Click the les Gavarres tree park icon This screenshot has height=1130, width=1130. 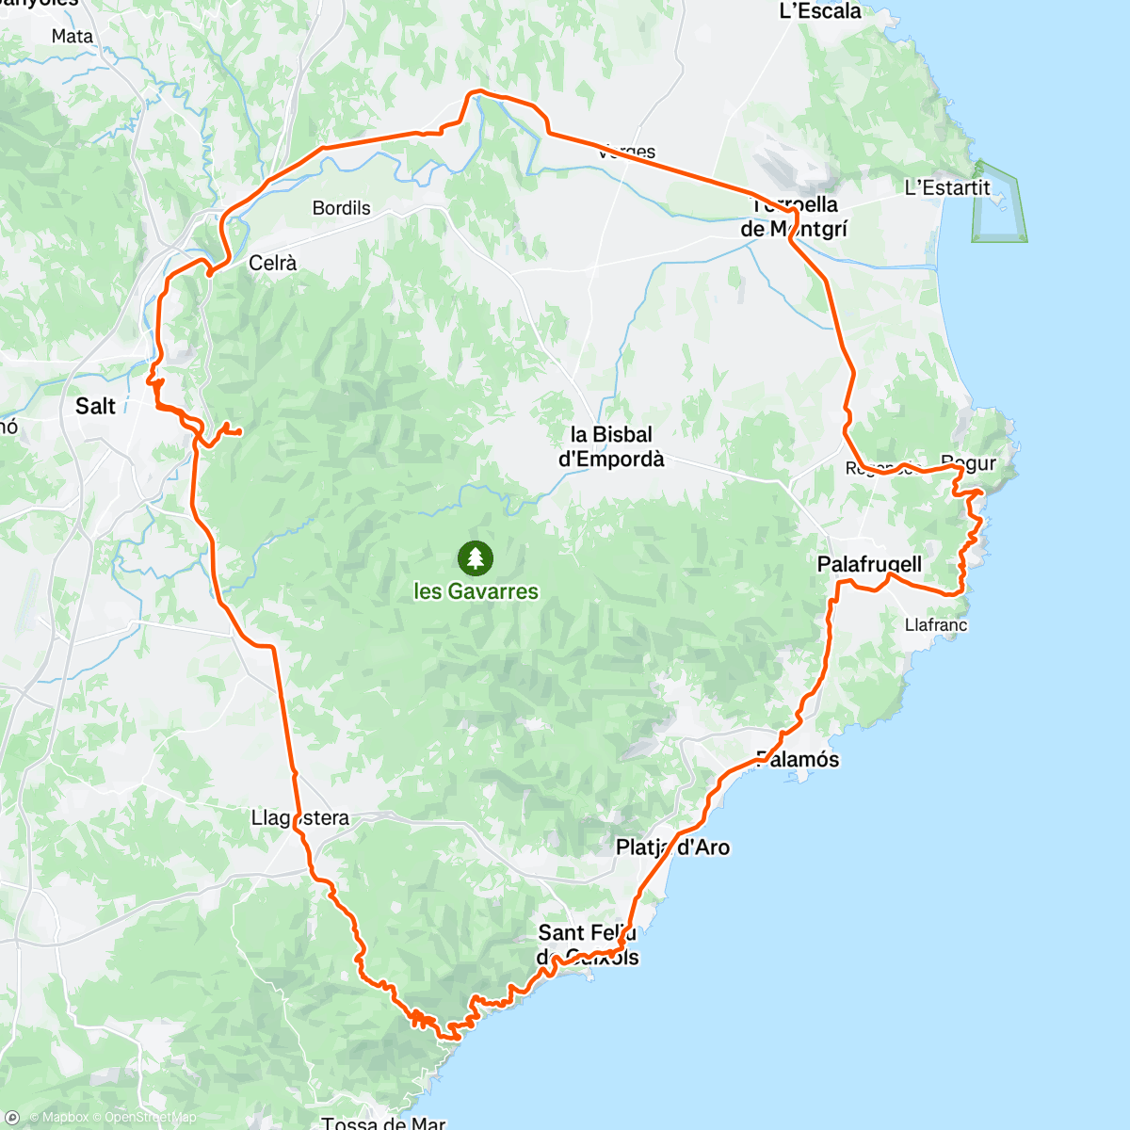(476, 558)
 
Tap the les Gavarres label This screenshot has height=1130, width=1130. (476, 591)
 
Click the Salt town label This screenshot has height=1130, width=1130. (95, 406)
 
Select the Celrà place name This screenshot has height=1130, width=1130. (272, 264)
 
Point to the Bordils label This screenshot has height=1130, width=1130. (342, 208)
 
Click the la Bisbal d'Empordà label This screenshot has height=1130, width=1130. (611, 447)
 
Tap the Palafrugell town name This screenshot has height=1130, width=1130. (869, 564)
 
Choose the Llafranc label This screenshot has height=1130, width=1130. (935, 624)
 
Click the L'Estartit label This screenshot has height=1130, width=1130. (947, 187)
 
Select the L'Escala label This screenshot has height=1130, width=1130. (820, 11)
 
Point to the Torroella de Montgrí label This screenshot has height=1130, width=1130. (794, 217)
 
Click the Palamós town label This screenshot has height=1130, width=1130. (798, 759)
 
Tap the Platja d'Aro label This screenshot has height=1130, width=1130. (672, 847)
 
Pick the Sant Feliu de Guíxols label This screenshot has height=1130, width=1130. (589, 944)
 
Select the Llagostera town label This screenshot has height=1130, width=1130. (300, 818)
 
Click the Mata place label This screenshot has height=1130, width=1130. (73, 37)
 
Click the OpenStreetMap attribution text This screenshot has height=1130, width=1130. (151, 1118)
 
